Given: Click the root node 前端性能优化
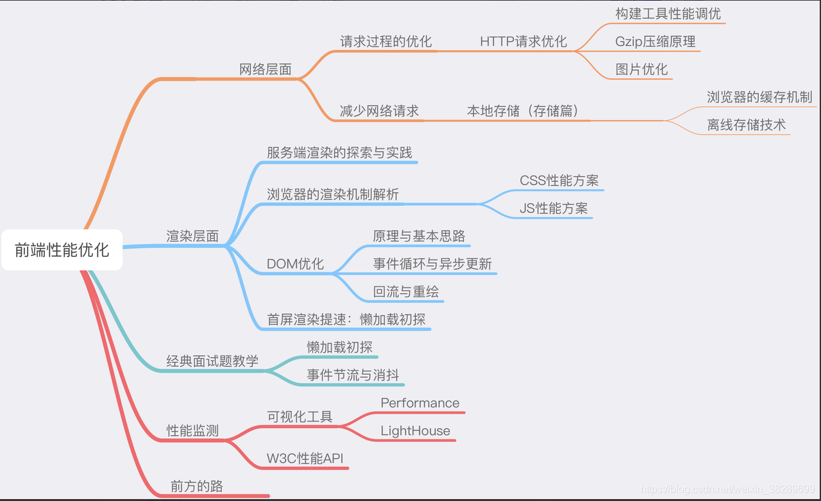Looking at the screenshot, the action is point(62,250).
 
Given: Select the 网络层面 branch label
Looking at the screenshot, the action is point(265,69).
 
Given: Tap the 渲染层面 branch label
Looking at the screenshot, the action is point(192,236).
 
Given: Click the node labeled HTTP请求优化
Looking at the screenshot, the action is point(523,42).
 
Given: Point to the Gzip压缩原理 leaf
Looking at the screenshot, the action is point(655,42).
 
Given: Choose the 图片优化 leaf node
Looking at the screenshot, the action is point(641,69).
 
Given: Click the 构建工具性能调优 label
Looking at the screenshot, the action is point(668,13).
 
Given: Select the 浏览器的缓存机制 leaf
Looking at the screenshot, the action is point(759,97).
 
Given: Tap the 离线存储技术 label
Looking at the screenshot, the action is point(746,124).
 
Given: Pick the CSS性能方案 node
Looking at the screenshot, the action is point(559,180).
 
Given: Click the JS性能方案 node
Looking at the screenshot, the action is point(554,208).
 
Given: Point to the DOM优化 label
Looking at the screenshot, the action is point(295,264).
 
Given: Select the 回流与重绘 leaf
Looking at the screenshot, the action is point(406,292).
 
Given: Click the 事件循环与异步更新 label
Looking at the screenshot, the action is point(432,264).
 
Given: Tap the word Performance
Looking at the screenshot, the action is point(419,403).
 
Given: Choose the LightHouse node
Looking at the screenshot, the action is point(415,431).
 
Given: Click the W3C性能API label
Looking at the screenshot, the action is point(305,459).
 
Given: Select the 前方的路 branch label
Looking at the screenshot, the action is point(196,486).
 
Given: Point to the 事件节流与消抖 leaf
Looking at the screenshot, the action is point(353,375).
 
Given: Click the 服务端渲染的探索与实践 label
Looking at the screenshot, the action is point(339,152).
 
